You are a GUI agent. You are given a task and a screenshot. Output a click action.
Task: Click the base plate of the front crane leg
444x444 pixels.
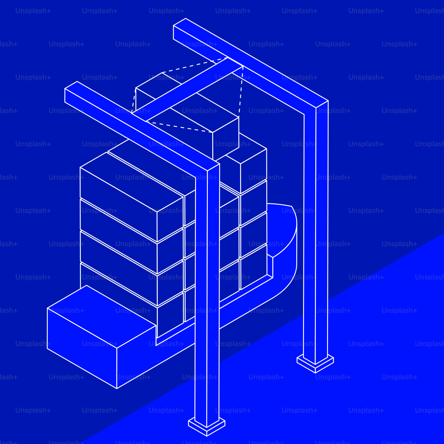pos(207,426)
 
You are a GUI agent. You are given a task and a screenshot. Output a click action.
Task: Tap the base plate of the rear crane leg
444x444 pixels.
pos(315,363)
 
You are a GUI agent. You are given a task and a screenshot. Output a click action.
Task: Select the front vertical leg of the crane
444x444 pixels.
pos(207,296)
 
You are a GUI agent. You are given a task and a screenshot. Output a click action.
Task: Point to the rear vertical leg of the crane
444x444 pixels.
pos(316,237)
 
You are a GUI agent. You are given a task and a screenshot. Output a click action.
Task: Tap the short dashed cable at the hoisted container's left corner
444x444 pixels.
pos(134,101)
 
